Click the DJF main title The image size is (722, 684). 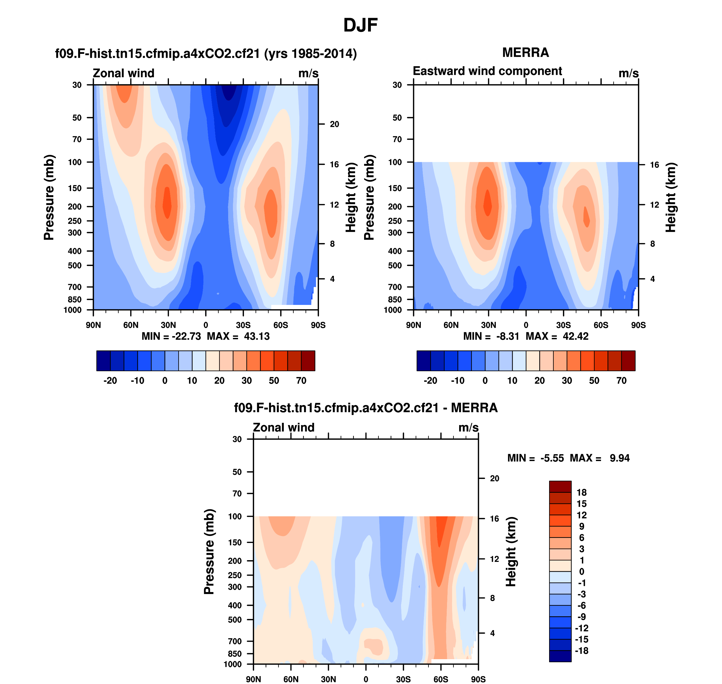coord(360,25)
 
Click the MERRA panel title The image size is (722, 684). coord(525,53)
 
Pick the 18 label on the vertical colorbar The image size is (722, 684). coord(581,492)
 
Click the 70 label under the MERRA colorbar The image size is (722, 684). coord(621,381)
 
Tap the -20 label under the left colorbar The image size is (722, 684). coord(110,381)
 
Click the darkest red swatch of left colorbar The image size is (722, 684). coord(308,360)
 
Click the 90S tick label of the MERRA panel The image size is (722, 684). coord(638,325)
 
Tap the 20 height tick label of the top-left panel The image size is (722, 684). coord(334,124)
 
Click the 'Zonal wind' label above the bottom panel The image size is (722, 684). coord(283,427)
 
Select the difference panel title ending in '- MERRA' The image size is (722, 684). coord(366,408)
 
